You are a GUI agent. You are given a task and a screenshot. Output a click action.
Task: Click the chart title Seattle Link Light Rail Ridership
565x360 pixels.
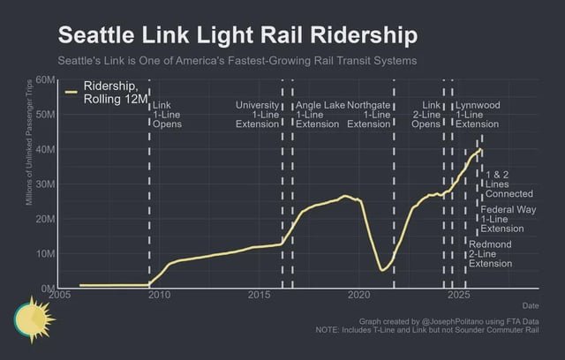[237, 35]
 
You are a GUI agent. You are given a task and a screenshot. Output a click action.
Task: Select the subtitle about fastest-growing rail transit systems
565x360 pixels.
[237, 62]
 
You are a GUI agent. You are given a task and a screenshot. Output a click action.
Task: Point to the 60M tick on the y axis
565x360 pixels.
[45, 81]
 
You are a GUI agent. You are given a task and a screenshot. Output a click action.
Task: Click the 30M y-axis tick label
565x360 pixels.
[45, 184]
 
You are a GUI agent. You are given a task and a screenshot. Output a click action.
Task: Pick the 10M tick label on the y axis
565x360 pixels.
[45, 254]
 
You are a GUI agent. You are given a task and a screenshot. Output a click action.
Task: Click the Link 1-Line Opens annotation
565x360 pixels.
[169, 115]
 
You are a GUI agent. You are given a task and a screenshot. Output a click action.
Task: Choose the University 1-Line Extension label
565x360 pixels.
[257, 115]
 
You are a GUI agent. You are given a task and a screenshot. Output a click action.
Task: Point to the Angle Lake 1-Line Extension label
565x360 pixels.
[320, 115]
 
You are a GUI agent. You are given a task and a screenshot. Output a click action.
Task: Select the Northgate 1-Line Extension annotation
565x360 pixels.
[368, 115]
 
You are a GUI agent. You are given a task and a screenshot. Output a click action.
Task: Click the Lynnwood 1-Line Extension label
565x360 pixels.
[478, 115]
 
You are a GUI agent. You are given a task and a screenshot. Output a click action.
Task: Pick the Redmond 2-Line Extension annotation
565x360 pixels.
[490, 253]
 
